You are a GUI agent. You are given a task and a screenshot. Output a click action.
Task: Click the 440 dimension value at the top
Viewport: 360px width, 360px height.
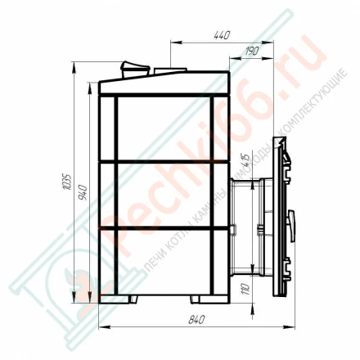click(221, 34)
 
